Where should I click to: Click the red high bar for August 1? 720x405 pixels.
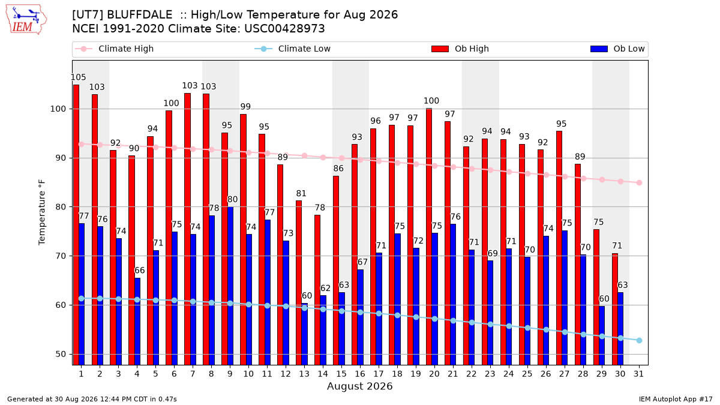(76, 224)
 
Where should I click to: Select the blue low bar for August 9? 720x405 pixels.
(230, 286)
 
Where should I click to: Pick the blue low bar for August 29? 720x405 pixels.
(602, 335)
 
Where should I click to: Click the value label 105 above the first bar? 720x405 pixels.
(78, 77)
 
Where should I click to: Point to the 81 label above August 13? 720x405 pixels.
(301, 193)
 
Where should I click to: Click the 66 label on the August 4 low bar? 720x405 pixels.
(139, 271)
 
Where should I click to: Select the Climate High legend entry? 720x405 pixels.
(114, 49)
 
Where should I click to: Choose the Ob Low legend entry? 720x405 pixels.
(617, 49)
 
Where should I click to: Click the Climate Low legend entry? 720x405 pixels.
(293, 49)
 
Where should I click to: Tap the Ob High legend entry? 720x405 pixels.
(460, 49)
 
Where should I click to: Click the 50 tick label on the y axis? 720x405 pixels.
(61, 354)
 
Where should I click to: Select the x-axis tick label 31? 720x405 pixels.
(638, 374)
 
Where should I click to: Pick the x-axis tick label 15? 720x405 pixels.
(341, 374)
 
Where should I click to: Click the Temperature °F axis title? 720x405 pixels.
(42, 212)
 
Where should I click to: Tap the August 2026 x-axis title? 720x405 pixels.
(359, 386)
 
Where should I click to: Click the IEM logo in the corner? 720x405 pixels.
(26, 20)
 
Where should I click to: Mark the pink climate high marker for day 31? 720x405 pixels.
(639, 183)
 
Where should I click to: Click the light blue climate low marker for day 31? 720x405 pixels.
(639, 340)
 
